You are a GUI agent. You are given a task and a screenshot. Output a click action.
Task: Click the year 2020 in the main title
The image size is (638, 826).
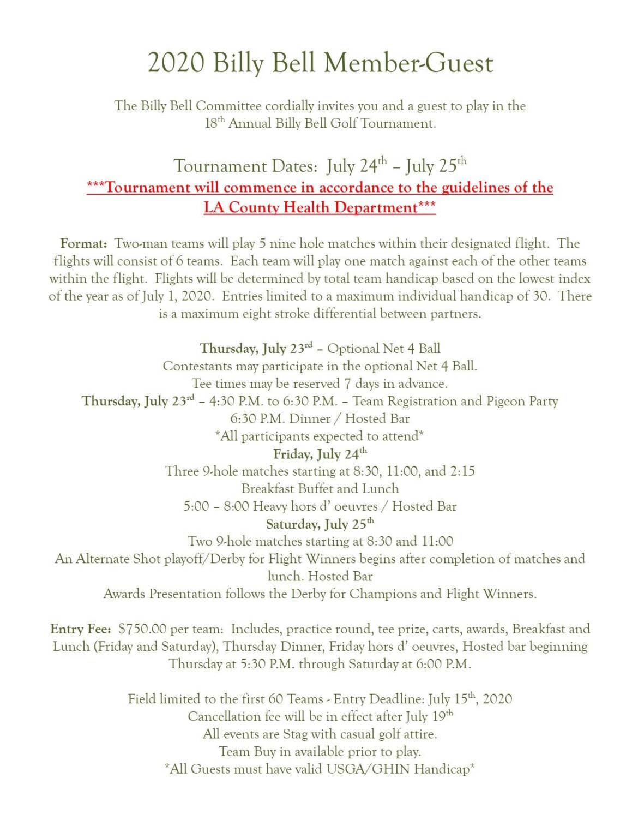(x=176, y=63)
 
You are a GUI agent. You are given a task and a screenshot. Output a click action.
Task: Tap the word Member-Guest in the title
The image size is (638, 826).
(x=408, y=63)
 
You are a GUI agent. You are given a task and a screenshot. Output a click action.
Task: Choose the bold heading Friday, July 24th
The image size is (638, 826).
(x=320, y=454)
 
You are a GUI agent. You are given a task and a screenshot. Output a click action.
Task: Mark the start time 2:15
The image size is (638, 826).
(x=462, y=471)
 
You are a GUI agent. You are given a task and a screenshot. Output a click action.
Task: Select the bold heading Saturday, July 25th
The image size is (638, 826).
(x=320, y=524)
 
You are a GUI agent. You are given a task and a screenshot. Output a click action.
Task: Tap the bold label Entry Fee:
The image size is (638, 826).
(x=81, y=629)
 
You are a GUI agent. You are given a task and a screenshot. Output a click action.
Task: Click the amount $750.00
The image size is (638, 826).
(x=142, y=629)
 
